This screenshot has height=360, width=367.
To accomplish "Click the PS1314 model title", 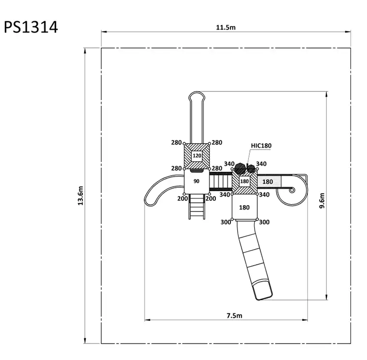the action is pyautogui.click(x=31, y=27).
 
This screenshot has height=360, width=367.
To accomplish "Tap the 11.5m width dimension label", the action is pyautogui.click(x=226, y=28).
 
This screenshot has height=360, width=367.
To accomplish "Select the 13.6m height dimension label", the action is pyautogui.click(x=80, y=195).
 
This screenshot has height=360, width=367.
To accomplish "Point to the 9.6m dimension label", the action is pyautogui.click(x=322, y=200).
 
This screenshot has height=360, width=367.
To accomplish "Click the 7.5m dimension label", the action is pyautogui.click(x=234, y=315).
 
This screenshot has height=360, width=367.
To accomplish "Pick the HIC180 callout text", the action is pyautogui.click(x=261, y=146).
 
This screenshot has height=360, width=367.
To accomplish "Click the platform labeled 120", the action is pyautogui.click(x=197, y=156).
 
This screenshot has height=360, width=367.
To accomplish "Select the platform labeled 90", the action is pyautogui.click(x=197, y=181).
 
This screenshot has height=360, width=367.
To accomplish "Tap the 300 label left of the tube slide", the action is pyautogui.click(x=226, y=222).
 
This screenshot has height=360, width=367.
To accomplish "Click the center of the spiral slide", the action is pyautogui.click(x=292, y=190).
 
